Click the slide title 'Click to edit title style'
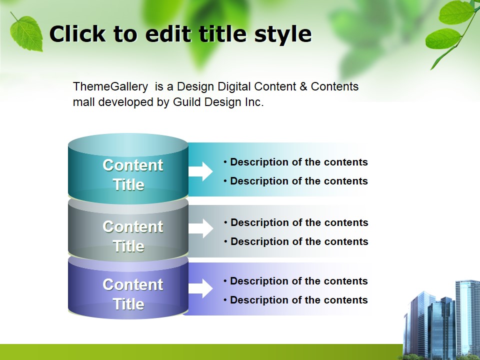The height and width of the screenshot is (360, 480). (x=180, y=34)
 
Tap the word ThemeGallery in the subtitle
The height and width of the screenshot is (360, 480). (x=110, y=86)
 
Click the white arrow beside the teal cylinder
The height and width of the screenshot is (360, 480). (x=200, y=171)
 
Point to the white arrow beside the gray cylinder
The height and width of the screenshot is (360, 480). (x=200, y=228)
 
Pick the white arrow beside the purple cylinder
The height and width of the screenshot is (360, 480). (x=200, y=288)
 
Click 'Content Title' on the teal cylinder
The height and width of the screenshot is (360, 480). (x=132, y=175)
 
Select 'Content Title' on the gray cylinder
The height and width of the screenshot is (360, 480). (x=132, y=236)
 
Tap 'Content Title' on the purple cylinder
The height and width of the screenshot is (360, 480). (x=132, y=294)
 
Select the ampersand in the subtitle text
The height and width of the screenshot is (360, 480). (x=303, y=86)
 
